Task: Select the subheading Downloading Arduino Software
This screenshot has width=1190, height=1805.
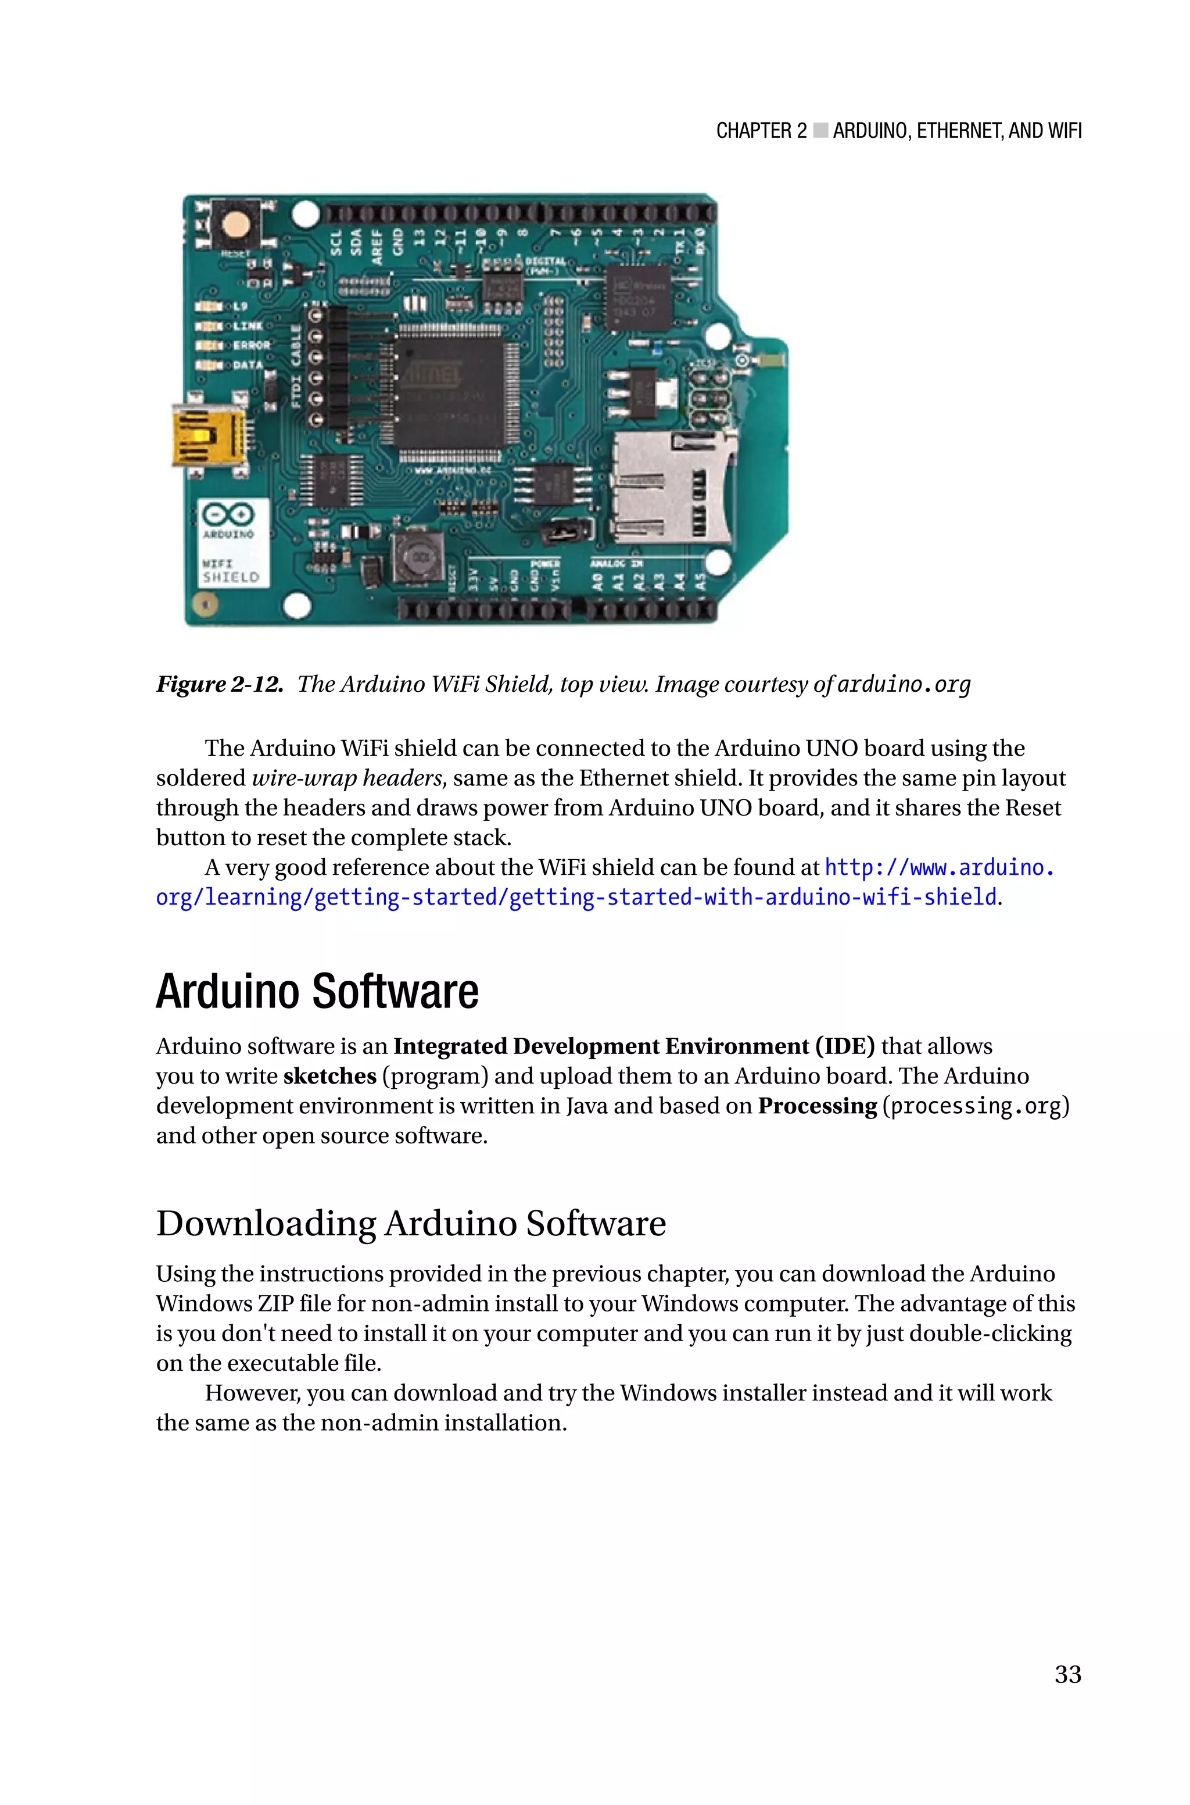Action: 411,1223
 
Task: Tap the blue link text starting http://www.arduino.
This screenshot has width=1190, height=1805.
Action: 939,867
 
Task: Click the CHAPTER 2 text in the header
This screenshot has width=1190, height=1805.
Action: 761,131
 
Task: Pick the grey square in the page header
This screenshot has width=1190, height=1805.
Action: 820,131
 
